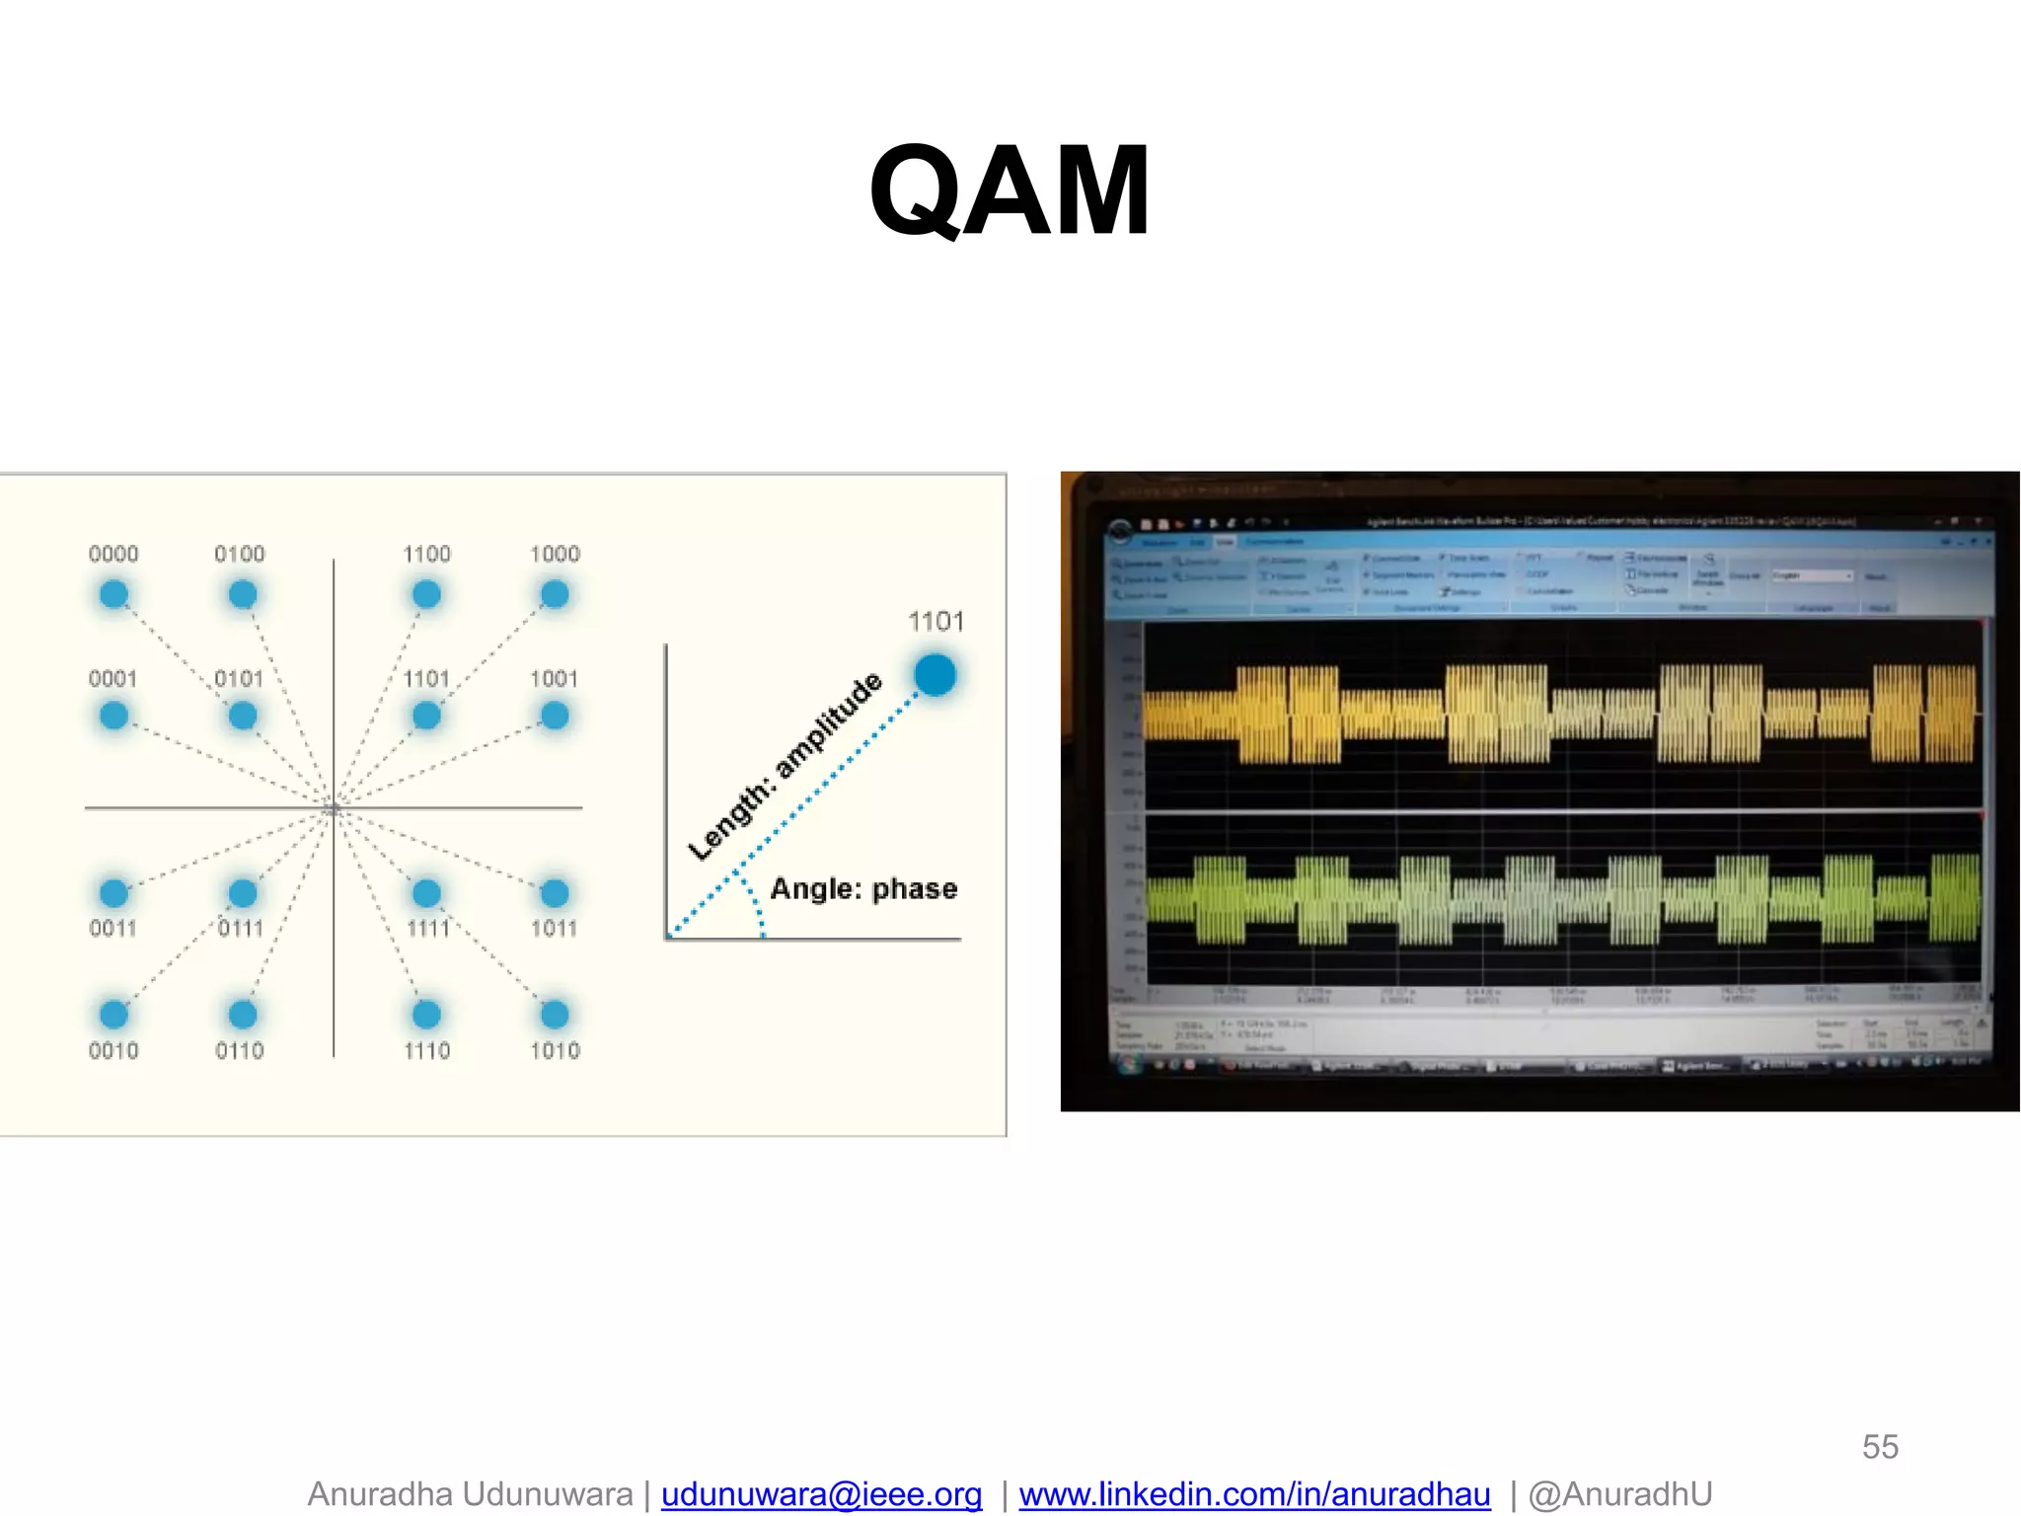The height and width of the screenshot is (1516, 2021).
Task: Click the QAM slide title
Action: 1009,191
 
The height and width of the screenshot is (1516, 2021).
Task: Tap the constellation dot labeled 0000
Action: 113,594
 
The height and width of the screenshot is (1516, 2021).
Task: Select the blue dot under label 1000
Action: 555,594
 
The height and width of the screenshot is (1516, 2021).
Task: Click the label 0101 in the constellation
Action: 239,679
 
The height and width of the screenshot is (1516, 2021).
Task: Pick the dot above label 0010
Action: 113,1014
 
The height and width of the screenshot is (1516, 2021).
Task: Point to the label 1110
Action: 426,1051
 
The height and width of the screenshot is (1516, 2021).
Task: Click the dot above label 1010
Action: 555,1014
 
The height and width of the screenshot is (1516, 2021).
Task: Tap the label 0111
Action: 240,929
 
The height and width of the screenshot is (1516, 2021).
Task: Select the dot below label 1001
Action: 555,716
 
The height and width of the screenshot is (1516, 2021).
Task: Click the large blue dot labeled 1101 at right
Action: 935,675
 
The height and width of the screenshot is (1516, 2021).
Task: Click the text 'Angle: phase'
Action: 863,889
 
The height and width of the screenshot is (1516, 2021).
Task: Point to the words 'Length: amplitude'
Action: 785,766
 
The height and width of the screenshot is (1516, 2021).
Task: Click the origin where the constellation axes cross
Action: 334,808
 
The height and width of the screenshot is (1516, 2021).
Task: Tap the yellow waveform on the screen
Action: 1559,713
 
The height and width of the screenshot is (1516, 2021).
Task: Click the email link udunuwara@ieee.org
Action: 821,1494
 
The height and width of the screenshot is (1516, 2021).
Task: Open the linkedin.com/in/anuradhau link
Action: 1254,1494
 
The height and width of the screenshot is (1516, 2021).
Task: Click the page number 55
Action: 1880,1447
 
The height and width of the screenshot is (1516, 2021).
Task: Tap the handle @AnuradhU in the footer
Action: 1620,1494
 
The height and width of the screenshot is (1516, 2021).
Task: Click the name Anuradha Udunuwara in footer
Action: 470,1494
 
